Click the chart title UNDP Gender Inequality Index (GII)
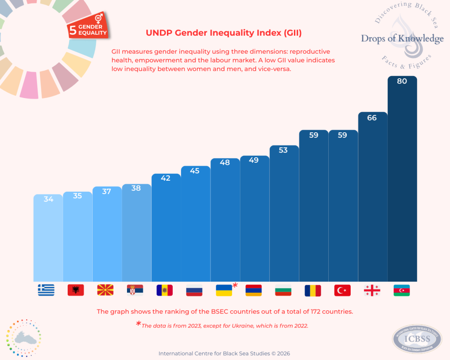click(223, 33)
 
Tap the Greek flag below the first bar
click(46, 290)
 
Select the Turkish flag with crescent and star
click(342, 290)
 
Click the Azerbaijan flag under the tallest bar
click(401, 290)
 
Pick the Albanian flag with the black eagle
click(76, 290)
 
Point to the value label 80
click(402, 81)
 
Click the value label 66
click(372, 118)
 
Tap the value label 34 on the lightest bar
click(48, 199)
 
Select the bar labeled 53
click(283, 215)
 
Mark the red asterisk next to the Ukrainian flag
click(235, 285)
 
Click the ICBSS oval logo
click(416, 339)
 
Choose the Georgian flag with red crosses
click(372, 290)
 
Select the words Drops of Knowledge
click(402, 39)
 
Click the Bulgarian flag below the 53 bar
click(283, 290)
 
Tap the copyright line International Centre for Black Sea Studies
click(224, 353)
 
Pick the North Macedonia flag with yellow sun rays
click(105, 290)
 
